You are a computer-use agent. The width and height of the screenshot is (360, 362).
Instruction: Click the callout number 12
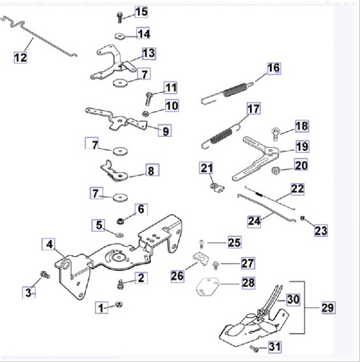21,57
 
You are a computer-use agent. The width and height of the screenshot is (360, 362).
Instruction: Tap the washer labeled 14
120,36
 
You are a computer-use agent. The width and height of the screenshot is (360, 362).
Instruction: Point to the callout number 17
254,109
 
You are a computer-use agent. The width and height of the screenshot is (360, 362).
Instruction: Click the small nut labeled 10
146,113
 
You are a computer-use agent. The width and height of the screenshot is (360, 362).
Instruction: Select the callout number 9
166,131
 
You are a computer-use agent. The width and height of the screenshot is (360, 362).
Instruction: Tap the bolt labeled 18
275,133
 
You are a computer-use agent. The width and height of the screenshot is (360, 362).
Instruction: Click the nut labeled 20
275,170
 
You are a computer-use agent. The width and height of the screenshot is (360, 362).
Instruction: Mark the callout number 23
321,230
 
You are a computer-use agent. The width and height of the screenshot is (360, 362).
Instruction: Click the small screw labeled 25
201,244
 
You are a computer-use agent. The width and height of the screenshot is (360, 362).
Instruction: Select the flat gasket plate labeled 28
207,287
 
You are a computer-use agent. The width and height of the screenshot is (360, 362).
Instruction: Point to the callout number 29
328,308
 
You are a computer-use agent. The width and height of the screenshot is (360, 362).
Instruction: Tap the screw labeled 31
254,348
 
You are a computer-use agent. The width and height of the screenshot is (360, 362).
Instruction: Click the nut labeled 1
119,305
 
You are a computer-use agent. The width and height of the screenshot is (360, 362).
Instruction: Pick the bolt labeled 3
45,275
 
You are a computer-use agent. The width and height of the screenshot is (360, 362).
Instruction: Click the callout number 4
50,244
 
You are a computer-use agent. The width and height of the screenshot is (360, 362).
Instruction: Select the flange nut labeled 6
120,221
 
